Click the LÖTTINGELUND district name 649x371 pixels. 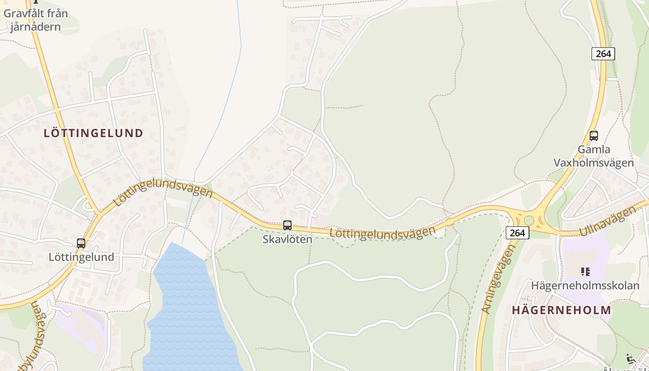point(93,133)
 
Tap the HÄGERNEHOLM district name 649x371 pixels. point(561,310)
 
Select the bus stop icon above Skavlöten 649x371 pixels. point(287,225)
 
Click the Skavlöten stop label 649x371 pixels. point(287,239)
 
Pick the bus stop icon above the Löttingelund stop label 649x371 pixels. point(81,243)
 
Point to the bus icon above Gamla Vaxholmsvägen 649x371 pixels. point(593,136)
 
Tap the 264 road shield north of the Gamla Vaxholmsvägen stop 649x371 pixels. point(603,54)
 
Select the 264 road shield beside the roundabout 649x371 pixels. point(517,233)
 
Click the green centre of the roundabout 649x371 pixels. point(528,220)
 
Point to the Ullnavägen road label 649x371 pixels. point(607,222)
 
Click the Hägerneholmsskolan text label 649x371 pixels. point(585,285)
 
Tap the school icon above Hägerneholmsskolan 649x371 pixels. point(585,271)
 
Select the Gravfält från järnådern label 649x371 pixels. point(36,20)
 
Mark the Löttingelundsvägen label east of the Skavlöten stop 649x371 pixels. point(382,233)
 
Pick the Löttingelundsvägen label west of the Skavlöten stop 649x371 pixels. point(162,191)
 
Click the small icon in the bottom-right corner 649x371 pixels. point(631,359)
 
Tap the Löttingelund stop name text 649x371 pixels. point(81,257)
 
